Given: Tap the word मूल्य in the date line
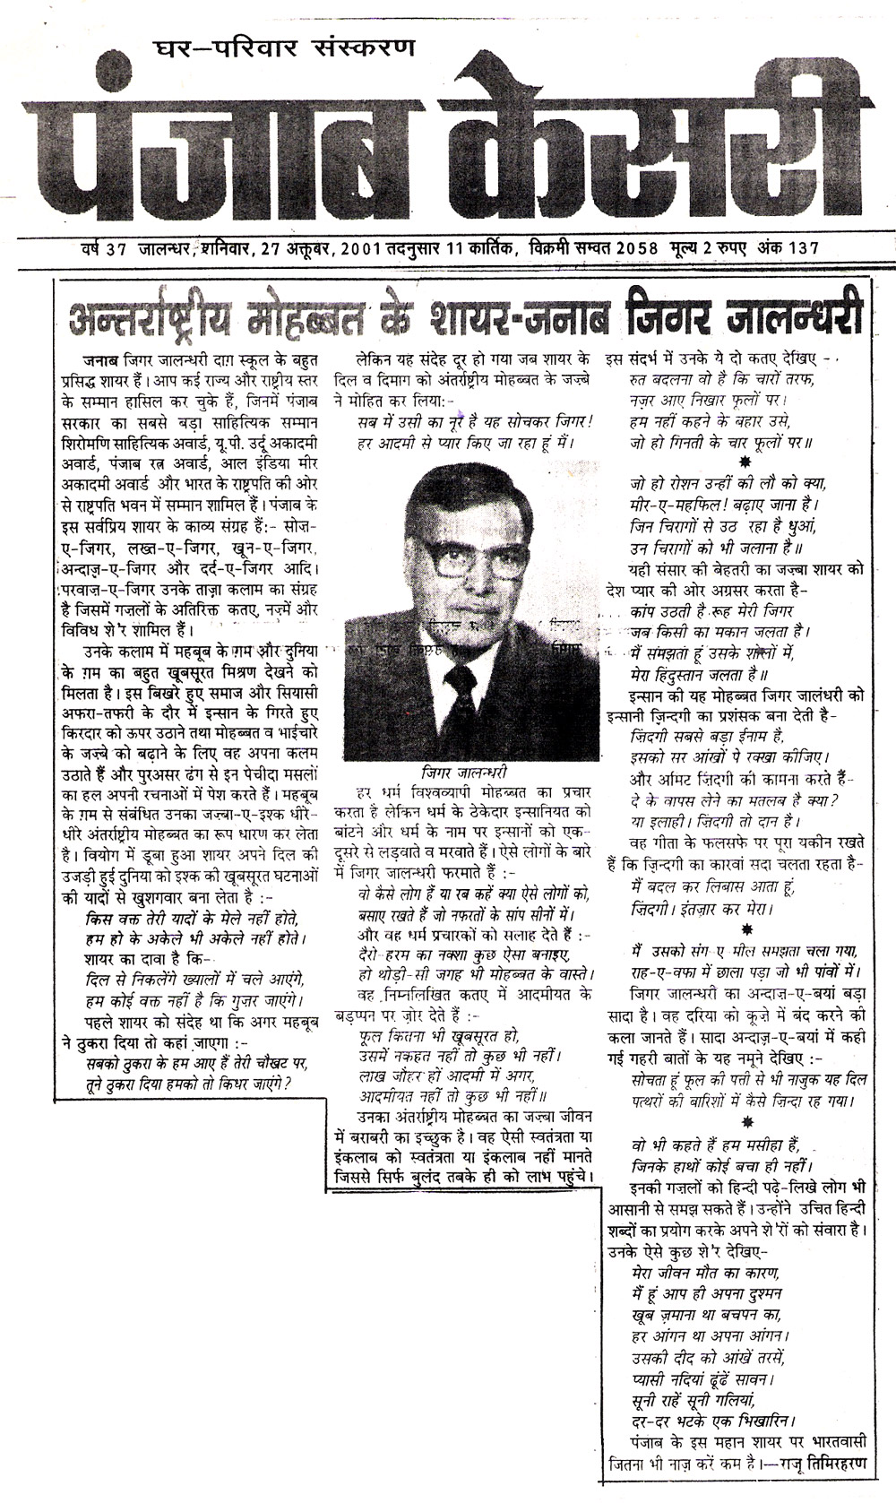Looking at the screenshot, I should coord(687,247).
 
